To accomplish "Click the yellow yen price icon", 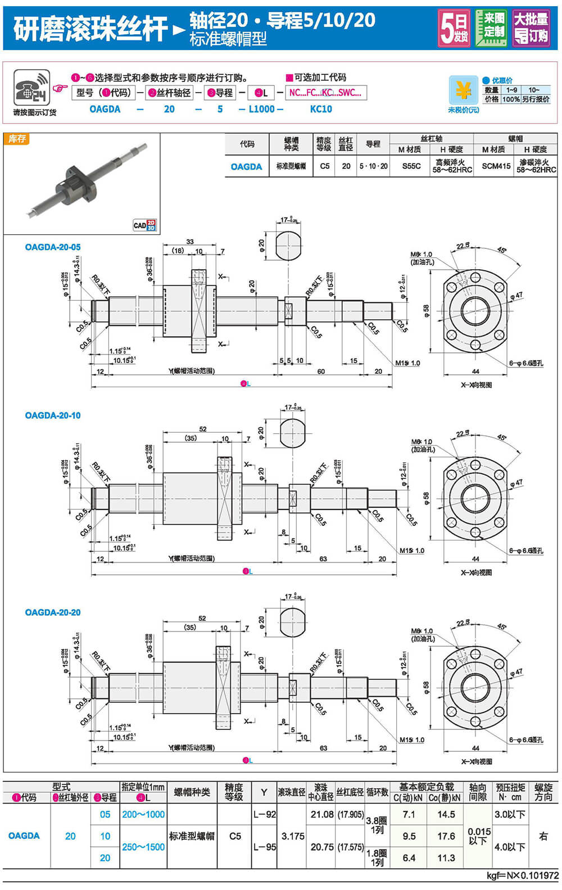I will (x=463, y=90).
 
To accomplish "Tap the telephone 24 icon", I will (x=31, y=88).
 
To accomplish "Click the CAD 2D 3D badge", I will (x=144, y=225).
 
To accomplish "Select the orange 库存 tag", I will (x=17, y=139).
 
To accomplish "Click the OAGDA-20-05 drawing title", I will (x=53, y=247).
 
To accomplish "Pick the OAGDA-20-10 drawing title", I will (x=53, y=416).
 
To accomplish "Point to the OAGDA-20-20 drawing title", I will (x=53, y=612).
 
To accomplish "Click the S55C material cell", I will (x=411, y=166).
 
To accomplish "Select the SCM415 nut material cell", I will (x=496, y=166).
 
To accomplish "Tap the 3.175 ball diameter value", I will (x=293, y=836).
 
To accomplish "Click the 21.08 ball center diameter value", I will (x=322, y=814).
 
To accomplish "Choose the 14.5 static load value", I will (x=446, y=814).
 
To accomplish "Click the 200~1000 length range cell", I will (x=143, y=814).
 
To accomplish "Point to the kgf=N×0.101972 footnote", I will (x=522, y=876).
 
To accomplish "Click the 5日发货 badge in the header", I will (x=454, y=28).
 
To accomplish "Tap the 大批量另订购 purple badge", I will (x=531, y=28).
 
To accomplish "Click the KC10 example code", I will (x=321, y=109).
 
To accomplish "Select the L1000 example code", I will (x=261, y=109).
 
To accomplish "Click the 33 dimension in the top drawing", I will (x=190, y=242).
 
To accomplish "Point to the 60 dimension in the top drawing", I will (x=321, y=371).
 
